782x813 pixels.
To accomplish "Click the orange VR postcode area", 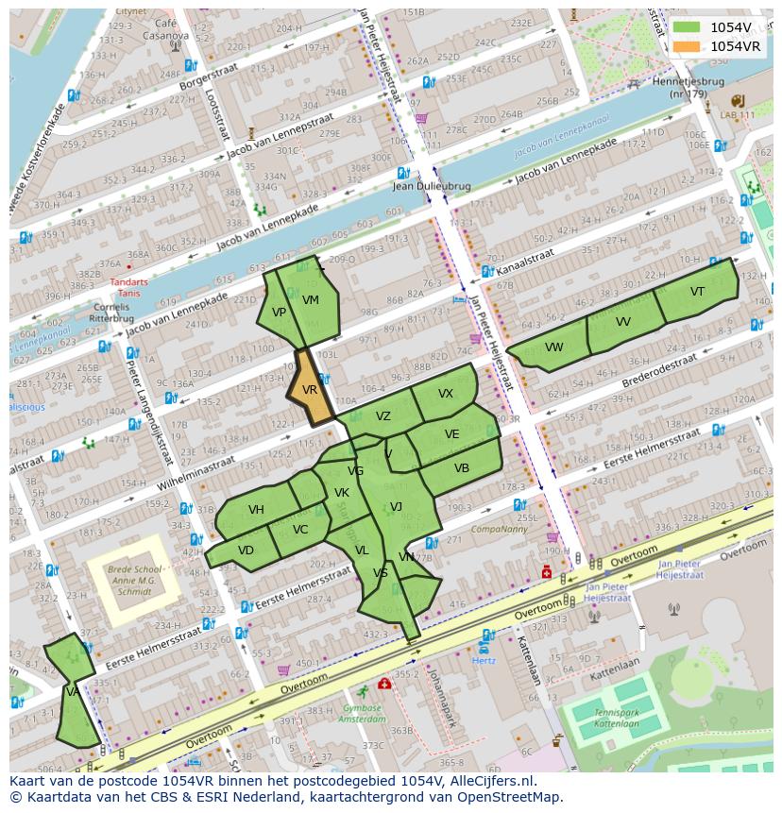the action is pyautogui.click(x=311, y=388).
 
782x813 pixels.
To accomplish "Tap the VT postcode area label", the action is pyautogui.click(x=697, y=292).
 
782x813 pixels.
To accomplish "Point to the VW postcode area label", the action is pyautogui.click(x=553, y=347).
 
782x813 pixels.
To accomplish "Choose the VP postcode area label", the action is pyautogui.click(x=279, y=313).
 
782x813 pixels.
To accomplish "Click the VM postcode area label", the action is pyautogui.click(x=311, y=300).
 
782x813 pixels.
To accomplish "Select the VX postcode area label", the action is pyautogui.click(x=446, y=394).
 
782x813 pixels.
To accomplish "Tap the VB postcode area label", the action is pyautogui.click(x=461, y=468).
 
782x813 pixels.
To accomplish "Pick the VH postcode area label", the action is pyautogui.click(x=256, y=510).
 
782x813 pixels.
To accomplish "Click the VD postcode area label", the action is pyautogui.click(x=246, y=550).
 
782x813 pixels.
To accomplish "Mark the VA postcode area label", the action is pyautogui.click(x=72, y=692).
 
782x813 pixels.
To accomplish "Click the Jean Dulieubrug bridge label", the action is pyautogui.click(x=431, y=187).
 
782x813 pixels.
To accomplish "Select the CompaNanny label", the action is pyautogui.click(x=500, y=530).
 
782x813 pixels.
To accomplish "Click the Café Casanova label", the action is pyautogui.click(x=165, y=29).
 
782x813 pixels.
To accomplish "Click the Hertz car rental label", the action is pyautogui.click(x=484, y=661).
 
